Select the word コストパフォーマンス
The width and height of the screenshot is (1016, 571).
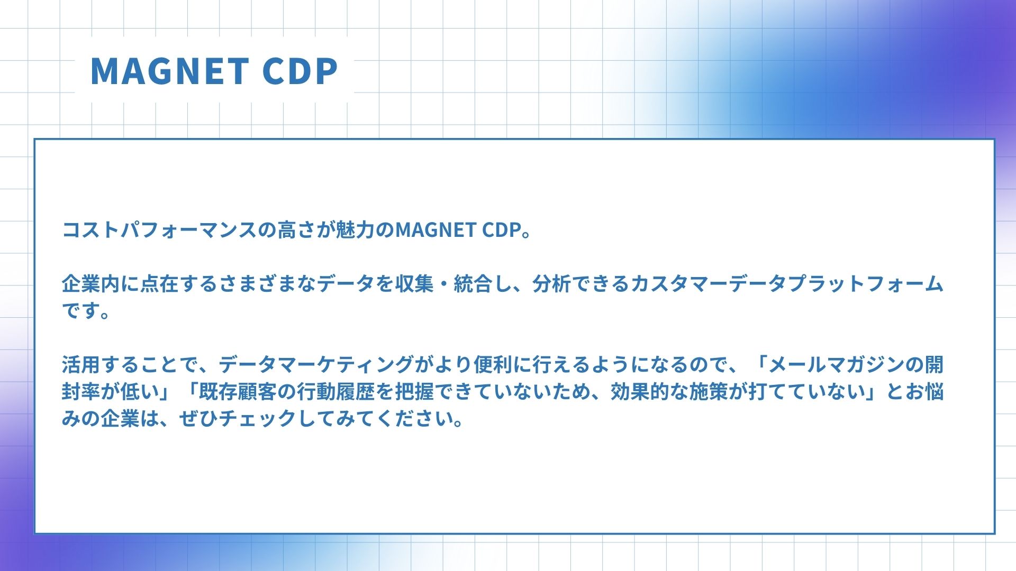(159, 231)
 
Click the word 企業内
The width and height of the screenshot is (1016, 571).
(91, 284)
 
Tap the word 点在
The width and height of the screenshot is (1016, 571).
(159, 284)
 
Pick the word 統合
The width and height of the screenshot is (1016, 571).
(473, 284)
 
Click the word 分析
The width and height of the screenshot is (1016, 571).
(551, 284)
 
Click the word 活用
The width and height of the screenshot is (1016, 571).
(81, 365)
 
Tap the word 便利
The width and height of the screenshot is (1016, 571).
(493, 365)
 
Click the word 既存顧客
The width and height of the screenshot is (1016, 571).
(238, 392)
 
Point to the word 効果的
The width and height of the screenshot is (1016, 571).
(640, 392)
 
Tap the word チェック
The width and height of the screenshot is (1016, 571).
(257, 419)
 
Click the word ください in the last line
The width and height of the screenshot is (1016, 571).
(414, 419)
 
